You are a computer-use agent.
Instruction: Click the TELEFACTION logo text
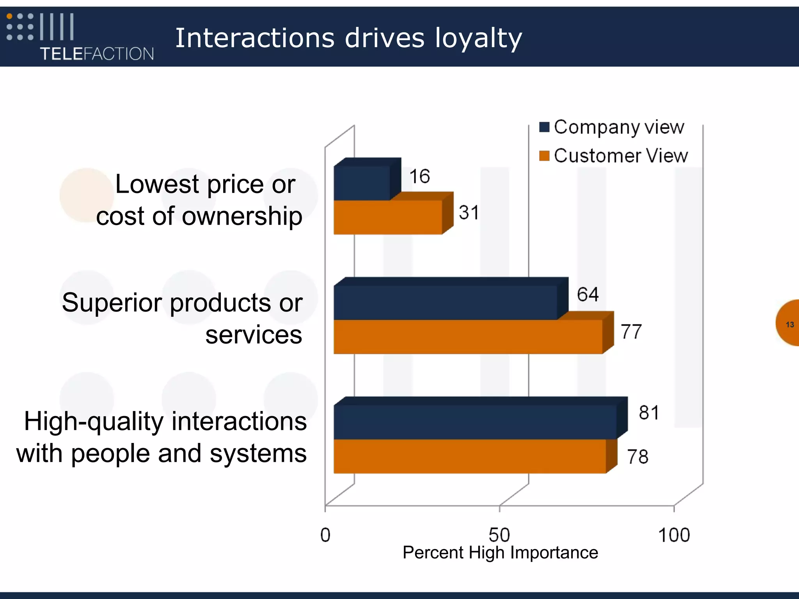[97, 54]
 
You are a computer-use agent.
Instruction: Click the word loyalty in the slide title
[478, 38]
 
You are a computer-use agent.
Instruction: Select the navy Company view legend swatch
[544, 127]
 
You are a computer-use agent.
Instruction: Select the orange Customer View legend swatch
[544, 156]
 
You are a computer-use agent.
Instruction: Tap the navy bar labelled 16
[362, 183]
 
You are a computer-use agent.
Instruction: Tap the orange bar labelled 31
[388, 217]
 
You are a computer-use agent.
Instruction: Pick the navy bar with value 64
[446, 303]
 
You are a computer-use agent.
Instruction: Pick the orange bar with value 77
[468, 337]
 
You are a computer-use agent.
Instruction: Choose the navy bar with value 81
[475, 422]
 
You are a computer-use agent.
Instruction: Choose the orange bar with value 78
[470, 456]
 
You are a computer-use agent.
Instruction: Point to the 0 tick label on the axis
[325, 535]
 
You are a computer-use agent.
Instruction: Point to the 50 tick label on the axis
[499, 535]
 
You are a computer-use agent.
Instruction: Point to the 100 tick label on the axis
[674, 535]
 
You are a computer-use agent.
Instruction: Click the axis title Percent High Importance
[500, 553]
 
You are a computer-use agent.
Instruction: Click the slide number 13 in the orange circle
[790, 324]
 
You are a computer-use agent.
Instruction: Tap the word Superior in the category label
[112, 303]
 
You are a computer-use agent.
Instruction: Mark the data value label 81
[649, 413]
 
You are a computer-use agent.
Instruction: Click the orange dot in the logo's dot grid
[10, 16]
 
